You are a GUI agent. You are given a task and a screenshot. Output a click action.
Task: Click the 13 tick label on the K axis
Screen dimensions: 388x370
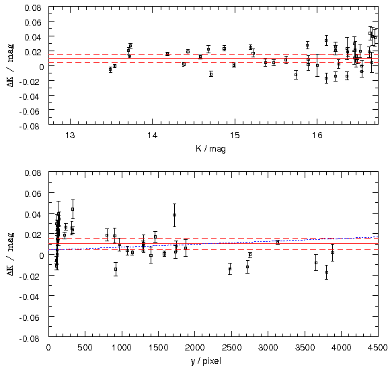[x=70, y=135]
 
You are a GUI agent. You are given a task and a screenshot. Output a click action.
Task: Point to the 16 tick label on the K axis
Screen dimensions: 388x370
[x=317, y=135]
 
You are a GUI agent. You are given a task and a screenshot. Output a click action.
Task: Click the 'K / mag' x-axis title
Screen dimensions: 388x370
[x=210, y=149]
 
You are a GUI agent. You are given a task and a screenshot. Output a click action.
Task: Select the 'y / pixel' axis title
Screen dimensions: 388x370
[x=206, y=361]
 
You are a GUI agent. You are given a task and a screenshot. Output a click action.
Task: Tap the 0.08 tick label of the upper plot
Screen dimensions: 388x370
[x=33, y=7]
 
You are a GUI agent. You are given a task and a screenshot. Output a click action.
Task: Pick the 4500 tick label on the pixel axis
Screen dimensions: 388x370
[x=377, y=348]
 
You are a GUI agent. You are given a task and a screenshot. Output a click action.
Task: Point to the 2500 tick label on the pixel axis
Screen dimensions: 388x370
[x=231, y=348]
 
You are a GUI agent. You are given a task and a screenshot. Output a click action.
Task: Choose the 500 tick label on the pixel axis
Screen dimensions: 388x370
[x=85, y=348]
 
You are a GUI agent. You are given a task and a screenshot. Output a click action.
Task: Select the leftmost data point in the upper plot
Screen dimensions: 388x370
[x=110, y=69]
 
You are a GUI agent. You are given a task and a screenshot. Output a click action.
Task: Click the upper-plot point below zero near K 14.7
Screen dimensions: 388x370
[x=211, y=74]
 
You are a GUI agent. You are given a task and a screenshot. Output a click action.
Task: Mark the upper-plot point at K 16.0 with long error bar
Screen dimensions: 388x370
[x=317, y=65]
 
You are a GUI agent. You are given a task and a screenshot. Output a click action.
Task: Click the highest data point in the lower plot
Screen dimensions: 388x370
[x=73, y=210]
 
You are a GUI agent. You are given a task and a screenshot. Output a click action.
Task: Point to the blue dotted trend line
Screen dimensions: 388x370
[x=213, y=243]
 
